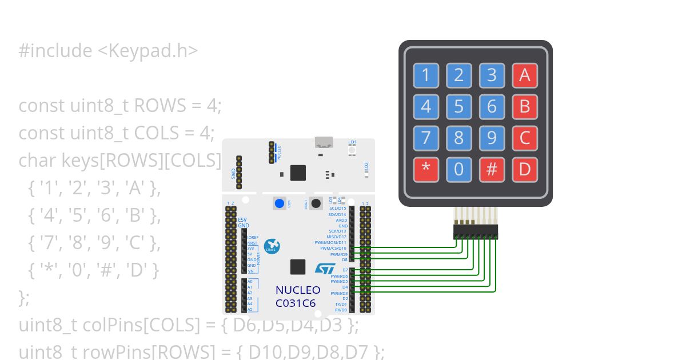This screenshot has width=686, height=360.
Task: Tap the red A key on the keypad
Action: point(524,75)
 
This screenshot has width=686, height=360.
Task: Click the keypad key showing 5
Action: point(458,106)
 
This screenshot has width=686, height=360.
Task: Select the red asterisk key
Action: point(426,169)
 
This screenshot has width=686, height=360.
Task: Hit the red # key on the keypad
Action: point(491,169)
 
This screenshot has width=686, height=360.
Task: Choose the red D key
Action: point(524,169)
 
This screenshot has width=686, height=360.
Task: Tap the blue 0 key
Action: point(458,169)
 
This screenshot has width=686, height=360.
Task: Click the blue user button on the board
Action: point(280,203)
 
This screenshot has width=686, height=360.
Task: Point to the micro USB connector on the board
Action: point(323,143)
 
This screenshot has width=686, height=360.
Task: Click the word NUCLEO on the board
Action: point(298,290)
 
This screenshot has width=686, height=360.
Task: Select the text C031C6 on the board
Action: point(296,303)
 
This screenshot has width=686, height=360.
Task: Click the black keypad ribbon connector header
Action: point(476,232)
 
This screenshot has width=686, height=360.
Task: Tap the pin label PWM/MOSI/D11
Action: point(330,242)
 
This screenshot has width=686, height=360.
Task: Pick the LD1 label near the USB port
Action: point(352,142)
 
